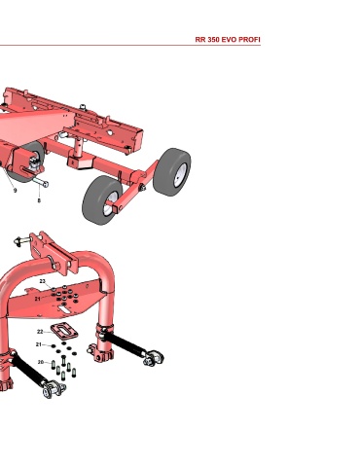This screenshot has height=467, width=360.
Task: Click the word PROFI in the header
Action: click(249, 40)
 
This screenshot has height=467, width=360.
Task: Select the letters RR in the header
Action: click(199, 40)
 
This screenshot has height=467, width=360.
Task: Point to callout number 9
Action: click(15, 191)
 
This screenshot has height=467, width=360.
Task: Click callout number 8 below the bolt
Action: click(39, 200)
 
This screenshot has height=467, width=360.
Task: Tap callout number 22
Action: click(40, 332)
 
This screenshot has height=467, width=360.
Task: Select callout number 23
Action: click(43, 281)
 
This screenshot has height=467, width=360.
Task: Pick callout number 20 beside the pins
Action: click(41, 362)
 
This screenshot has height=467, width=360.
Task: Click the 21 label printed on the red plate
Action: click(38, 299)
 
